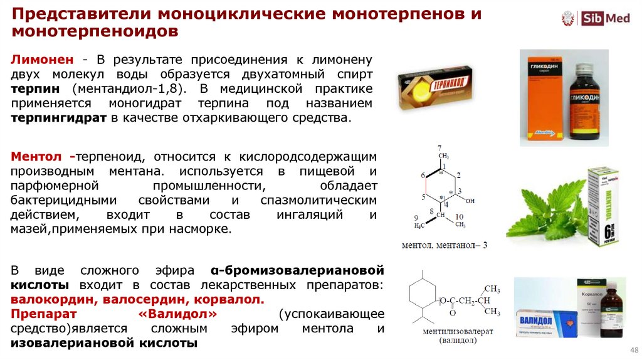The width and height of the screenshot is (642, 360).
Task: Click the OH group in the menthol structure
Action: [x=471, y=201]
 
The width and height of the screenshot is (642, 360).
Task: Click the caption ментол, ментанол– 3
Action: [x=445, y=244]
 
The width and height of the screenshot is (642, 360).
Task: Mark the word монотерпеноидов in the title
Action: [x=93, y=31]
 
